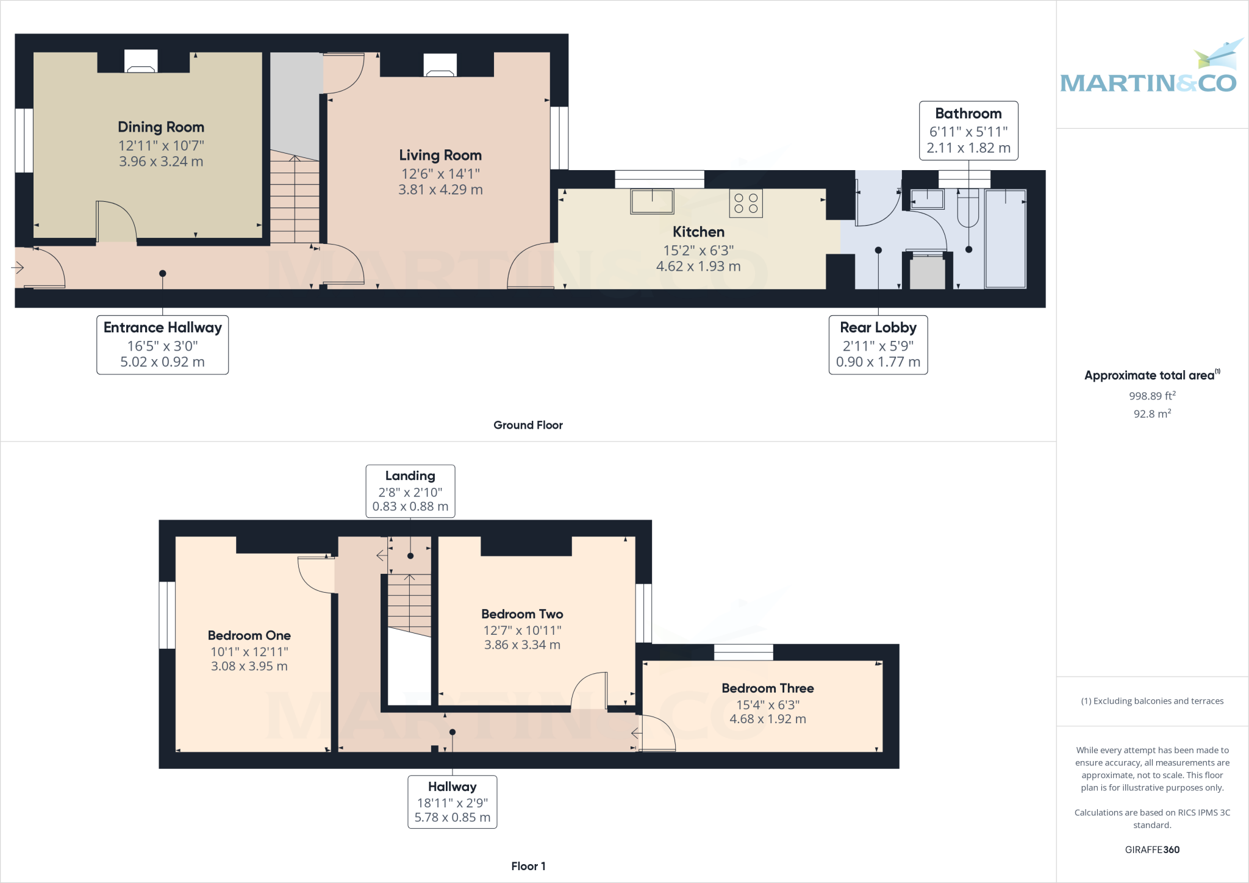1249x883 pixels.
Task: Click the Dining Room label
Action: pyautogui.click(x=161, y=127)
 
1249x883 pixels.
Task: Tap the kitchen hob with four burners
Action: pyautogui.click(x=745, y=204)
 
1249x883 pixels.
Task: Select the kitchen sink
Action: pyautogui.click(x=652, y=201)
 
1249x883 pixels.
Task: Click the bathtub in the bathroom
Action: pyautogui.click(x=1005, y=238)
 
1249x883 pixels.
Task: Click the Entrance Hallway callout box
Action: pyautogui.click(x=162, y=345)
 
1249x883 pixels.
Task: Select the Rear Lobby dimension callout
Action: pyautogui.click(x=878, y=345)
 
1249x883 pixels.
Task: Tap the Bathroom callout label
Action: pyautogui.click(x=968, y=130)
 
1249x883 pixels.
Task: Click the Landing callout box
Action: pyautogui.click(x=410, y=491)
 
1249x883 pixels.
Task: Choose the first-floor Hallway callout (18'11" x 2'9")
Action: pyautogui.click(x=452, y=801)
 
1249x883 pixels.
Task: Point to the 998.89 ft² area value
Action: pyautogui.click(x=1151, y=396)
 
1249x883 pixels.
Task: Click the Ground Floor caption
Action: pyautogui.click(x=528, y=425)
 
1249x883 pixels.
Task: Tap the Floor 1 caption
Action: pyautogui.click(x=528, y=866)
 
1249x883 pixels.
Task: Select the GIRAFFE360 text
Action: pyautogui.click(x=1151, y=849)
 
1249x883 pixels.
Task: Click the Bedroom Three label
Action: pyautogui.click(x=767, y=688)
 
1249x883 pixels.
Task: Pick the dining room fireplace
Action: pyautogui.click(x=141, y=62)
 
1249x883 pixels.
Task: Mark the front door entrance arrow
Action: pyautogui.click(x=18, y=267)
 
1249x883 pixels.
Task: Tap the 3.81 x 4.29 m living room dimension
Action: pyautogui.click(x=440, y=190)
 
